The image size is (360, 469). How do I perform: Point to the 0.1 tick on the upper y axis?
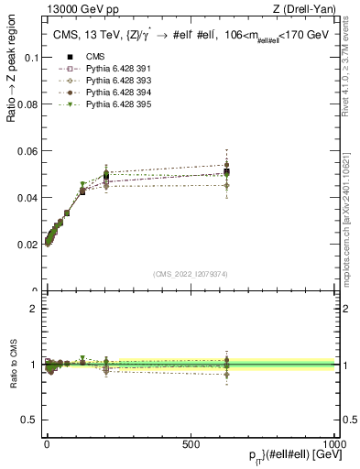click(x=30, y=57)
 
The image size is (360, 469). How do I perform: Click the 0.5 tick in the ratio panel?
click(x=30, y=420)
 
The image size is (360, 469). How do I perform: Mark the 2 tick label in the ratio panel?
click(x=35, y=309)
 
